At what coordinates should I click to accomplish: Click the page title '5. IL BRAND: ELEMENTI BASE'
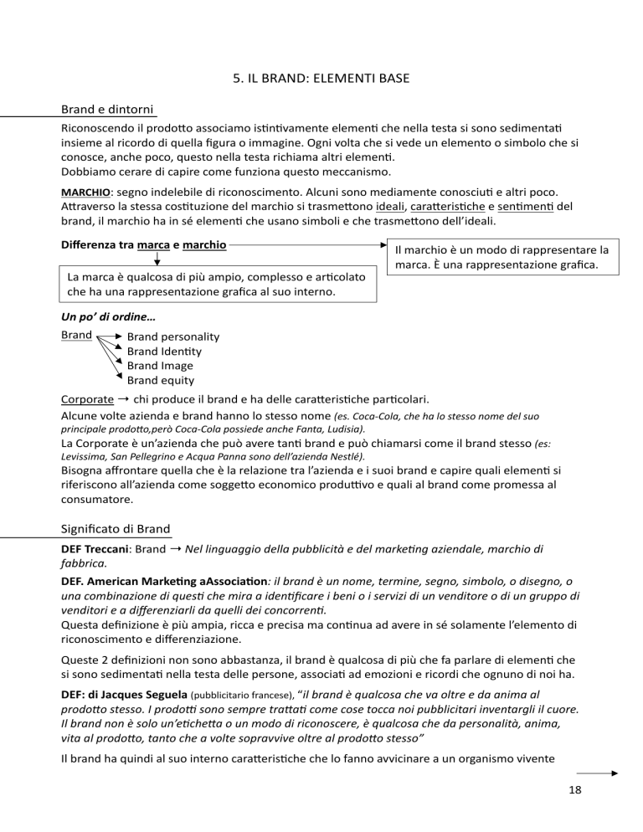click(x=321, y=81)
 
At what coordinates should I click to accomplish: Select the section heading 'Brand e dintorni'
click(x=109, y=110)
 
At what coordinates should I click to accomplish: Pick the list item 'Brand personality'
click(x=172, y=336)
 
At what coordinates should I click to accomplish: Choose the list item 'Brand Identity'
click(x=164, y=352)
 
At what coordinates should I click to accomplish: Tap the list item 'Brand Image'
click(x=159, y=366)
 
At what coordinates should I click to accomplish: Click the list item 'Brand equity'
click(x=161, y=380)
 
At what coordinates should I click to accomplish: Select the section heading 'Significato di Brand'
click(x=116, y=529)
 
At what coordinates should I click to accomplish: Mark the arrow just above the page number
click(x=597, y=774)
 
